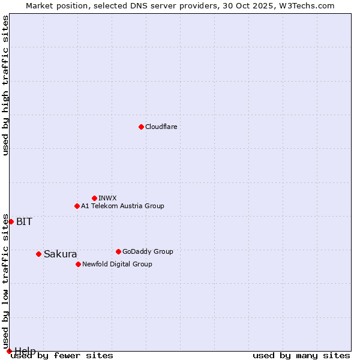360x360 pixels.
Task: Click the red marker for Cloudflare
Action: coord(141,127)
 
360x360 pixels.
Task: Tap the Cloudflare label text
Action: coord(161,127)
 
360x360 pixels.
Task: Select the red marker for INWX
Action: coord(94,198)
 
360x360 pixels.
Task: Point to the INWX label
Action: coord(107,198)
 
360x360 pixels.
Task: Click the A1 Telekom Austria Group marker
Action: coord(77,206)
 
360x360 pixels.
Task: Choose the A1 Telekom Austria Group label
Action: coord(122,206)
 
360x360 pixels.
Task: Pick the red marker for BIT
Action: coord(11,221)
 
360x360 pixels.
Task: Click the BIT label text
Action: coord(24,221)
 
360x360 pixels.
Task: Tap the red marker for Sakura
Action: coord(38,254)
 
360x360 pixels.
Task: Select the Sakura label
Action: coord(60,254)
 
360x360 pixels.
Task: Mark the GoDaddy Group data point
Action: coord(118,251)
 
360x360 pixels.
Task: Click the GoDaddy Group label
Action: coord(148,251)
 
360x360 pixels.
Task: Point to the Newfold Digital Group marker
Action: coord(78,264)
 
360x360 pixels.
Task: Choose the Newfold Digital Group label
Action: coord(117,264)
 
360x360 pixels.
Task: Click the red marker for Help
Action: coord(9,351)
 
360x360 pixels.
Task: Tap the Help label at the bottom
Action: coord(25,350)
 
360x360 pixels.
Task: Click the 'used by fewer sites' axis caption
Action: coord(62,356)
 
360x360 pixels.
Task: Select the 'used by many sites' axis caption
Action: coord(301,356)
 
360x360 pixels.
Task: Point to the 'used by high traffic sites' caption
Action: coord(6,85)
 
